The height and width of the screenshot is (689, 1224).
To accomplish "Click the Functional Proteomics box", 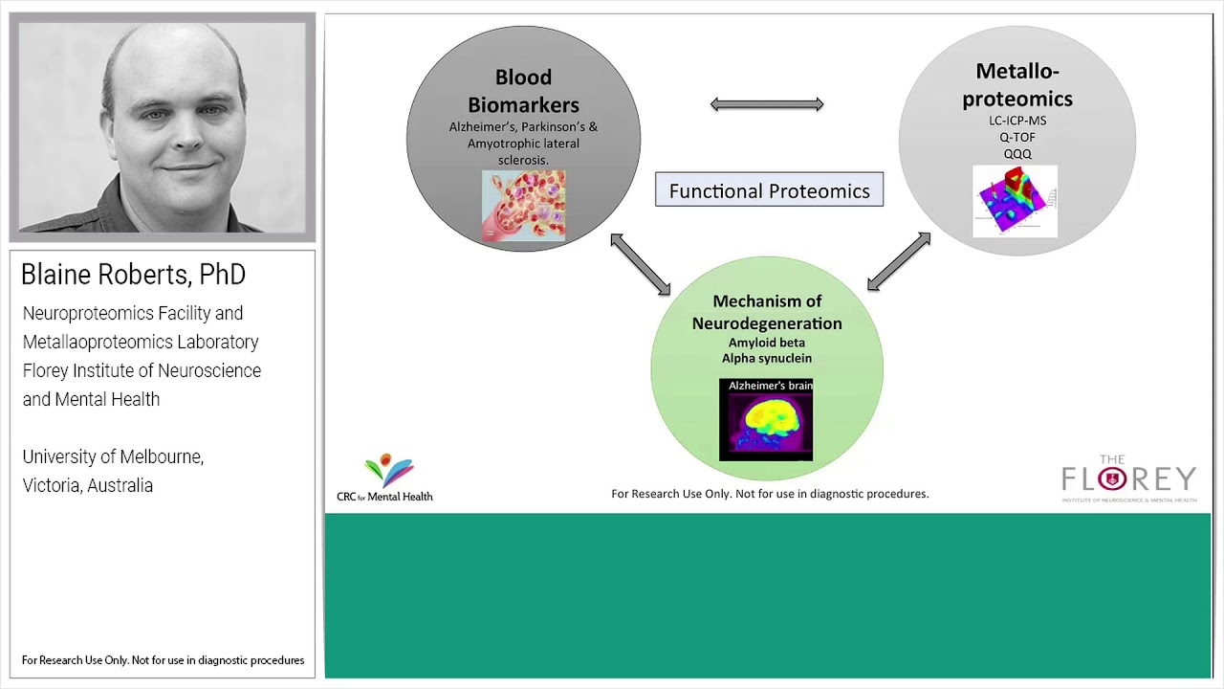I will [x=769, y=190].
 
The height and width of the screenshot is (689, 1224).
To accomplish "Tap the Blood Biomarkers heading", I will [x=523, y=91].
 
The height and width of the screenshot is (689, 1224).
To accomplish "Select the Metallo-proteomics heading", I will [x=1016, y=85].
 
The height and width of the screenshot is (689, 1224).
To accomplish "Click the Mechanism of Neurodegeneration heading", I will [x=767, y=312].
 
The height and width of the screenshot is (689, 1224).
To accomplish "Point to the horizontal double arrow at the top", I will [x=767, y=104].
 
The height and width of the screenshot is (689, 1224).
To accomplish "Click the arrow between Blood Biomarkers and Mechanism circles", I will [x=641, y=264].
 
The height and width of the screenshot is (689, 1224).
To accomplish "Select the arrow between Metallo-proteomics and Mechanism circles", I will [x=899, y=261].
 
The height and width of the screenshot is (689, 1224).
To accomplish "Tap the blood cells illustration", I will [x=523, y=206].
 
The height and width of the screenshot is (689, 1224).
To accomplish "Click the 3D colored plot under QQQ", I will [x=1015, y=201].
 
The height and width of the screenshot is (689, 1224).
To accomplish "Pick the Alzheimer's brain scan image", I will [x=766, y=419].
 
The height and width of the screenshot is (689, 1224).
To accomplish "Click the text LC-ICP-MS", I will [x=1017, y=121].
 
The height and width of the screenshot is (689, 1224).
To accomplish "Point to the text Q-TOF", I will [x=1017, y=137].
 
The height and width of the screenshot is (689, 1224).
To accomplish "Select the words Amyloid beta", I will [x=767, y=343].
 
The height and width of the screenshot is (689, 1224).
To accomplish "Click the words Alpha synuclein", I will [x=767, y=358].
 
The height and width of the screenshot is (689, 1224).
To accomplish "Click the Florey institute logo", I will [x=1128, y=479].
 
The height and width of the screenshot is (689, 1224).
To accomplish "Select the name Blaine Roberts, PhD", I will [x=133, y=275].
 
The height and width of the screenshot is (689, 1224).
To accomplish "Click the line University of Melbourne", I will [x=113, y=456].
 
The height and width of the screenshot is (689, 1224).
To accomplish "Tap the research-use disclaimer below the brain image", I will [x=770, y=494].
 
